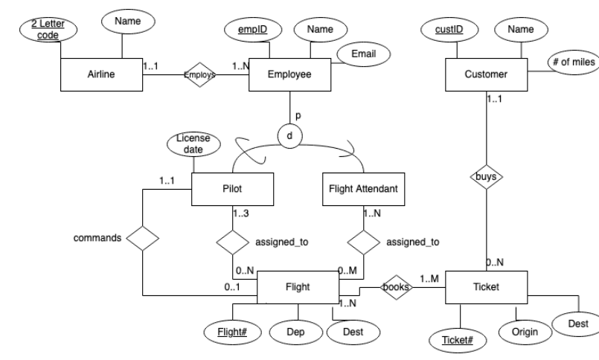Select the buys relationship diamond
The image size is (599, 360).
(485, 179)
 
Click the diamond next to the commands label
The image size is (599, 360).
(142, 240)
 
